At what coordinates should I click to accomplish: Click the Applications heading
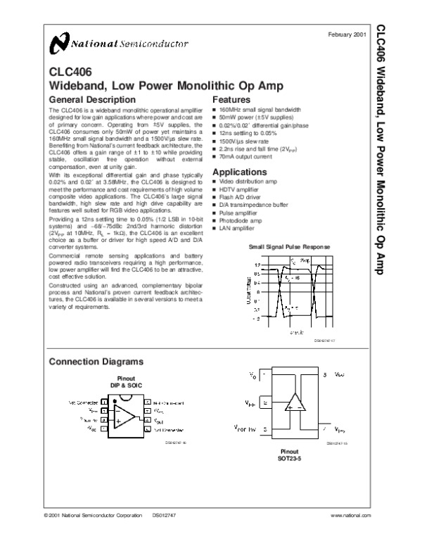point(240,172)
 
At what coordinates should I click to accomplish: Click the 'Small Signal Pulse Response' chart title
point(289,248)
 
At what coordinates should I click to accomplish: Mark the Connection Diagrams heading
point(95,361)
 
